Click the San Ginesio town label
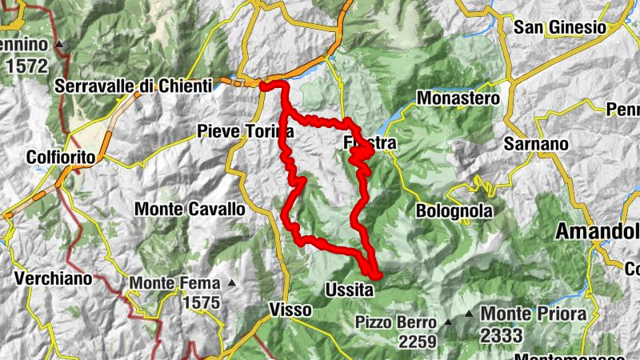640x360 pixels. tap(559, 27)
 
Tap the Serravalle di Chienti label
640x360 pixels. tap(134, 86)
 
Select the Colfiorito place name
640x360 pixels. tap(61, 157)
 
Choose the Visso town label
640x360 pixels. tap(286, 309)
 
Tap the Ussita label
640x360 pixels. tap(350, 290)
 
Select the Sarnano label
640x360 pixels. tap(535, 145)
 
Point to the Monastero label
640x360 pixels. tap(458, 98)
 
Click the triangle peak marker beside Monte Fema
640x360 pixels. tap(231, 282)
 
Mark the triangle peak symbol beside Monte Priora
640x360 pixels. tap(469, 313)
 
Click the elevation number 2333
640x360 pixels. tap(502, 335)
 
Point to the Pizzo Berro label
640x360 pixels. tap(397, 322)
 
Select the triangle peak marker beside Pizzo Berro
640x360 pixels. tap(448, 322)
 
